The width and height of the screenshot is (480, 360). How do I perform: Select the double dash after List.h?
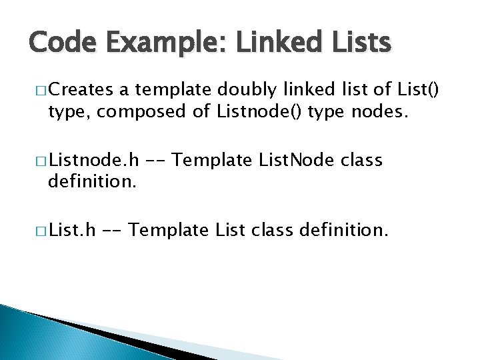point(111,231)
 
